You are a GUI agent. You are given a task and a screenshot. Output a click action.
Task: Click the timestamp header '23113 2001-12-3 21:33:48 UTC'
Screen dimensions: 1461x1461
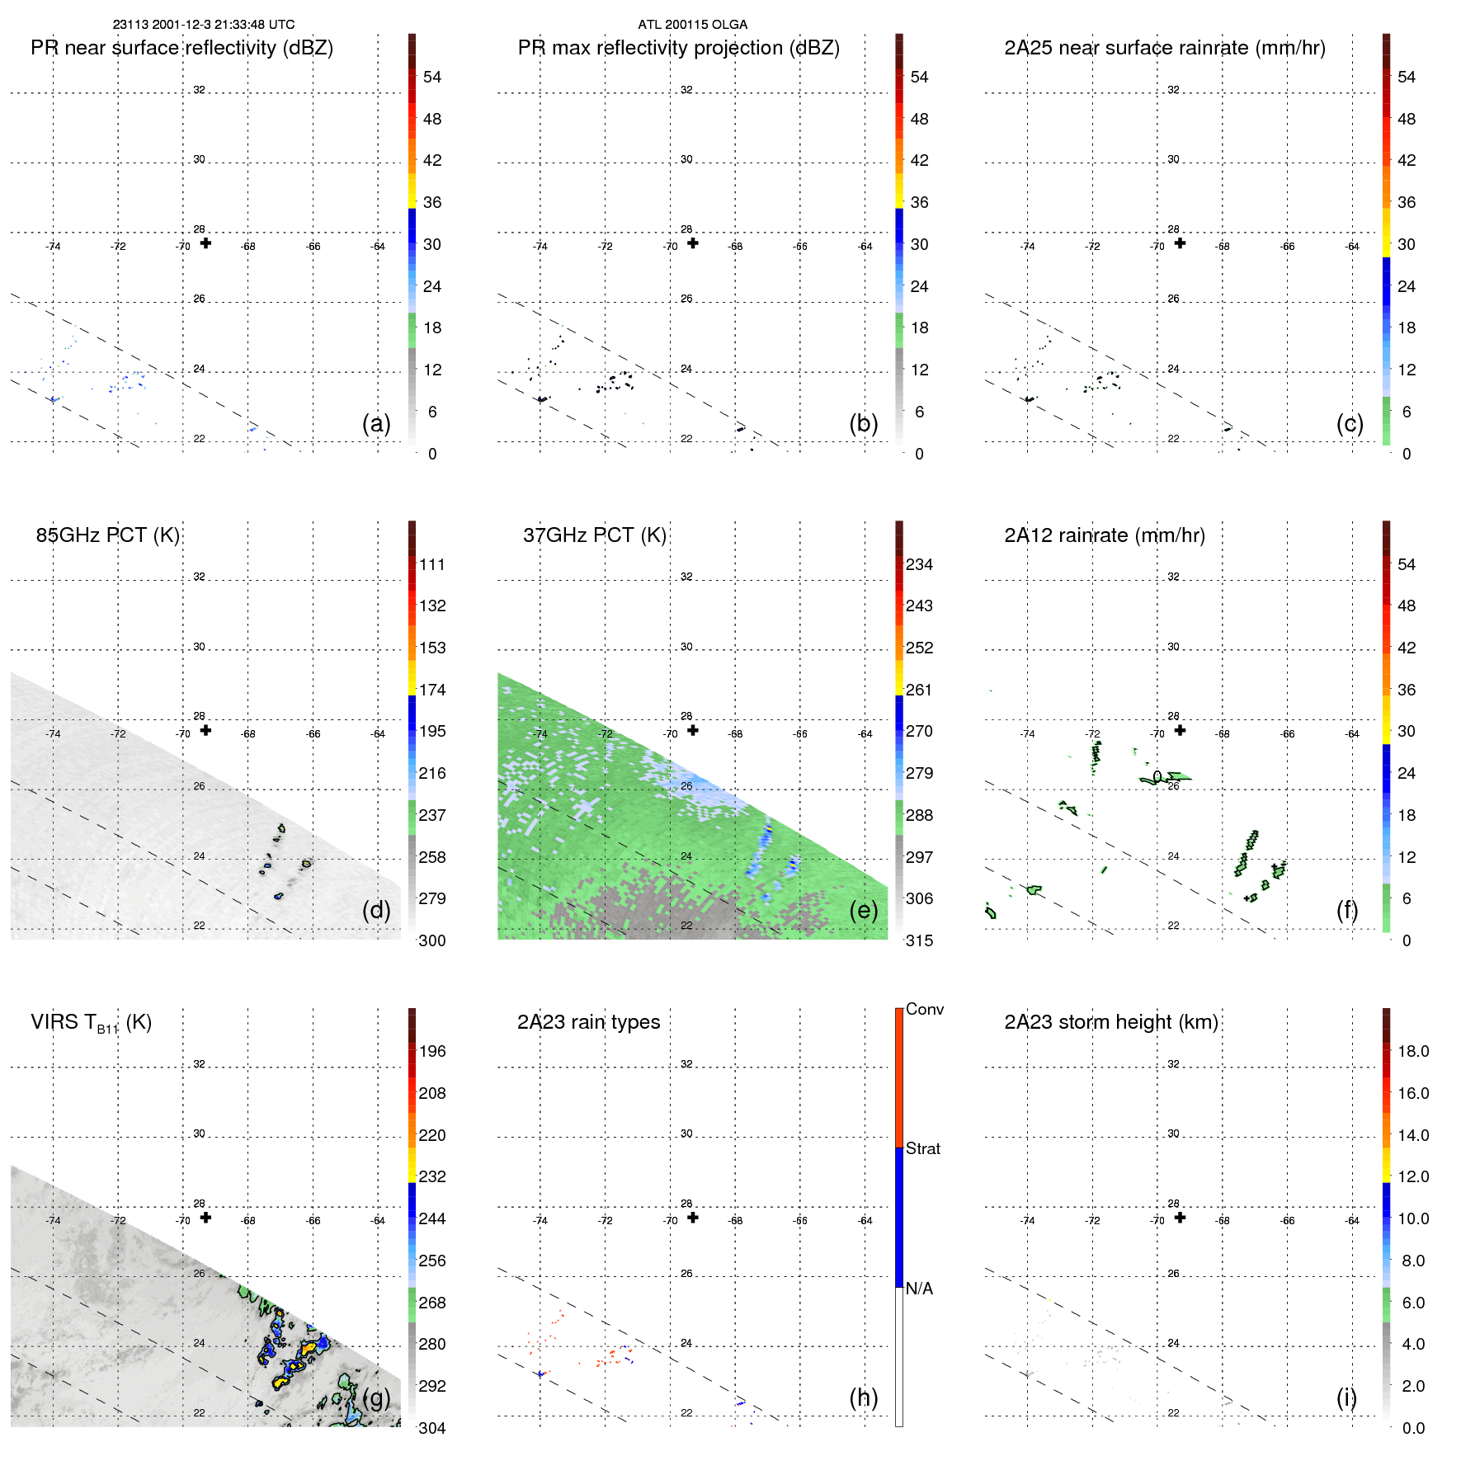[x=203, y=25]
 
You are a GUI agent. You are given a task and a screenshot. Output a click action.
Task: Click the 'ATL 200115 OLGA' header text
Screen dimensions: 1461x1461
[x=692, y=25]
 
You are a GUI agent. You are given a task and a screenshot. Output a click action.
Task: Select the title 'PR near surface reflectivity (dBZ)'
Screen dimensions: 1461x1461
[x=181, y=48]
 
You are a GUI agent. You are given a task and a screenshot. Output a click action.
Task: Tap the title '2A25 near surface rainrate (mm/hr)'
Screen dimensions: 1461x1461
[x=1164, y=48]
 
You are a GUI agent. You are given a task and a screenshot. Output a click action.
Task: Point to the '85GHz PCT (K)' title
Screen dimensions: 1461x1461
[x=107, y=535]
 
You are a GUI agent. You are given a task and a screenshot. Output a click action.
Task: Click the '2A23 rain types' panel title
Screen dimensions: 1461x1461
[x=588, y=1022]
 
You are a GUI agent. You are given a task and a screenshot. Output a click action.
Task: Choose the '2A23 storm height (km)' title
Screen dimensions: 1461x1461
[x=1110, y=1022]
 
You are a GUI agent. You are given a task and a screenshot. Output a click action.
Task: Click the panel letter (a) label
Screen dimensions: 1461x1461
[x=376, y=423]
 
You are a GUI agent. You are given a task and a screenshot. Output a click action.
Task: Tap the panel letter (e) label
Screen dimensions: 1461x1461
[x=864, y=910]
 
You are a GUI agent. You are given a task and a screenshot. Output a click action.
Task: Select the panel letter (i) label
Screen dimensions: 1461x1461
[x=1346, y=1397]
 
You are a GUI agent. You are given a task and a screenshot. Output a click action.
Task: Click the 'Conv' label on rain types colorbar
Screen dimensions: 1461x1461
[x=924, y=1009]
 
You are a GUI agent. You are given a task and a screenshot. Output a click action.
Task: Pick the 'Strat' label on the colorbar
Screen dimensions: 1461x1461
[x=922, y=1148]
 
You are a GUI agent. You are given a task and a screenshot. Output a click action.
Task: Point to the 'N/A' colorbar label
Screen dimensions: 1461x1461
[x=919, y=1289]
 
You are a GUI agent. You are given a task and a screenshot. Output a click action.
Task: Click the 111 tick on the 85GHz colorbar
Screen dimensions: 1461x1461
[x=432, y=564]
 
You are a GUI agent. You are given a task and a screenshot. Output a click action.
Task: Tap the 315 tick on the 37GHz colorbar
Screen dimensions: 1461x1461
[x=919, y=940]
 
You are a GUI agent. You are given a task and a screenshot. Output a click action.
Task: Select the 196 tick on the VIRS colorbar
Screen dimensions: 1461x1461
[x=432, y=1051]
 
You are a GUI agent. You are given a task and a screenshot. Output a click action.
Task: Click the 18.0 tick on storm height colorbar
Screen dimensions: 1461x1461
[x=1412, y=1051]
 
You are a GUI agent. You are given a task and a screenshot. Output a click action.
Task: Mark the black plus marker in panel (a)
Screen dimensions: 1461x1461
[x=205, y=243]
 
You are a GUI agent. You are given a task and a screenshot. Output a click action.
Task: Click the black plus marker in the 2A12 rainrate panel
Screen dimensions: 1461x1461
[x=1180, y=730]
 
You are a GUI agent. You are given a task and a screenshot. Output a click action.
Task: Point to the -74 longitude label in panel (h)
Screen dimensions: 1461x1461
[x=540, y=1220]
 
